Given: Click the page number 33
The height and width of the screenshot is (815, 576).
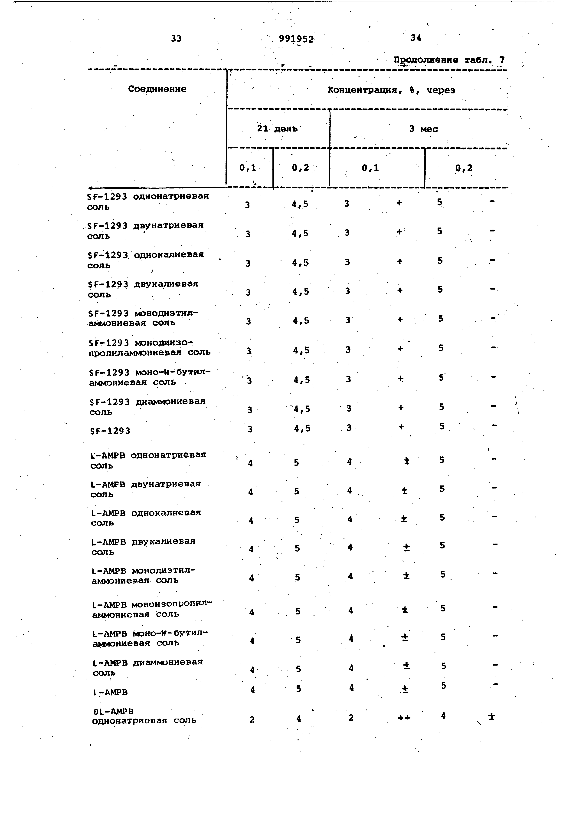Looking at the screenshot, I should point(176,38).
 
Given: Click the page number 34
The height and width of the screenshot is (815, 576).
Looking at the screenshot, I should point(416,38).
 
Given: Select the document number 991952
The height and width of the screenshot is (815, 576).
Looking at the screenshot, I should point(296,39).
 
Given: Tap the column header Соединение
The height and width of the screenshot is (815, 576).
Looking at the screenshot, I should point(157,89).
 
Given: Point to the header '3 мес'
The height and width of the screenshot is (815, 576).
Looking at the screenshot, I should point(423,129).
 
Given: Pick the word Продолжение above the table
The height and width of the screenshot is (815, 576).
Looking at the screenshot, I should point(425,60).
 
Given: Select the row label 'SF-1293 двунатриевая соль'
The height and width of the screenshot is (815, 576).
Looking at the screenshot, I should point(145,230).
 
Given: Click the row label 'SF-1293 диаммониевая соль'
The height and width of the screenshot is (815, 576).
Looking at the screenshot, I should point(147,406).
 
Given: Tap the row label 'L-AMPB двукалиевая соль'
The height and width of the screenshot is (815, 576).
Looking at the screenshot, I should point(143,546).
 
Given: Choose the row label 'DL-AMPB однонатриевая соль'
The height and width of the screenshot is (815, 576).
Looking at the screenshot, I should point(144,716).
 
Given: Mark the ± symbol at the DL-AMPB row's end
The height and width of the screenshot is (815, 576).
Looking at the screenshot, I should point(491,717).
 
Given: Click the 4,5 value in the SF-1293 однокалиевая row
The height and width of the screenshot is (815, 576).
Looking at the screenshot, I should point(300,263).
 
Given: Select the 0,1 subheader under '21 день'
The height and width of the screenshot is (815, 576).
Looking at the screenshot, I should point(248,168).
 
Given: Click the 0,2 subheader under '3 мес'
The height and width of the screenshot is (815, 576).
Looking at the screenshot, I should point(464,168).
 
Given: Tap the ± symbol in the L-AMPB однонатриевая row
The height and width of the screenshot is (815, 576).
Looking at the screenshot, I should point(406,461).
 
